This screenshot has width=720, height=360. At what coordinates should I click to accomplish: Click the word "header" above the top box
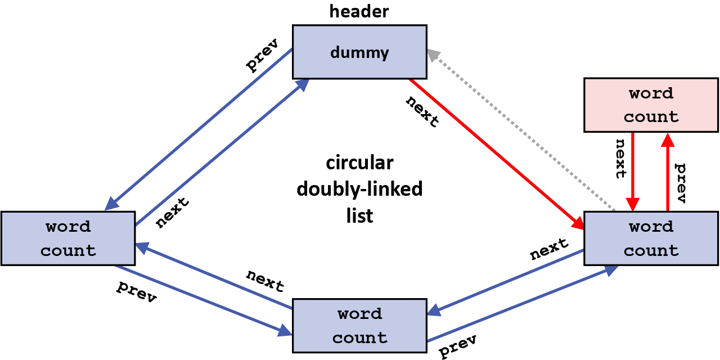click(x=359, y=11)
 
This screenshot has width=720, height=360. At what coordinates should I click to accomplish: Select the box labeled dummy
click(x=359, y=52)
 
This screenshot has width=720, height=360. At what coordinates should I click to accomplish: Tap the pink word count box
click(x=651, y=105)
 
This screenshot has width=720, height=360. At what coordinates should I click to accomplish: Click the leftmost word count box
click(x=68, y=238)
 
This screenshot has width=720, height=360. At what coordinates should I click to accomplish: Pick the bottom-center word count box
click(x=359, y=326)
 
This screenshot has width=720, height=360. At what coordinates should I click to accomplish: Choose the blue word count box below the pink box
click(x=651, y=238)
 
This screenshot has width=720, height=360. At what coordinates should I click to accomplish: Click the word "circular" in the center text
click(x=359, y=164)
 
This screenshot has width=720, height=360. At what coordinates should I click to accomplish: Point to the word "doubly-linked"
click(x=359, y=190)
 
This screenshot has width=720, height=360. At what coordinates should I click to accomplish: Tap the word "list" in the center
click(x=359, y=215)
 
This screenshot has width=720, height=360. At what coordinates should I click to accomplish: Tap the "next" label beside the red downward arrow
click(x=620, y=158)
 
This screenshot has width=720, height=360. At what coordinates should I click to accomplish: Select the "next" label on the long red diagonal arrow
click(x=422, y=111)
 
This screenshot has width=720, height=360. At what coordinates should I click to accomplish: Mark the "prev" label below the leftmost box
click(x=136, y=291)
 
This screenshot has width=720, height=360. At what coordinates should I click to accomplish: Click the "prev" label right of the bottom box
click(x=458, y=345)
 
